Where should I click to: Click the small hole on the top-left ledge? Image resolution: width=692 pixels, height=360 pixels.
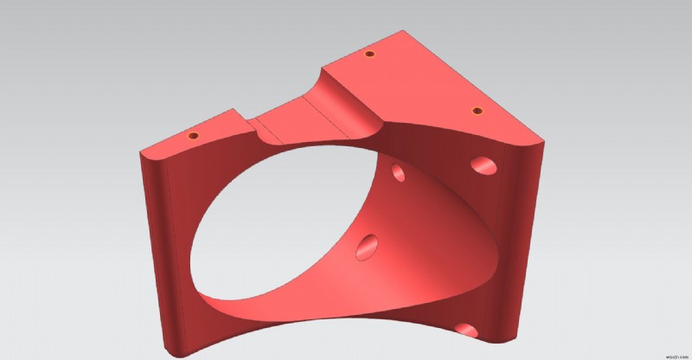pyautogui.click(x=193, y=137)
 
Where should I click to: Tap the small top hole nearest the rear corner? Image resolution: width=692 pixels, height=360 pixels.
pyautogui.click(x=369, y=54)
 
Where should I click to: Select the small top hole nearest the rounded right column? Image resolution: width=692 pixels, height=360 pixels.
pyautogui.click(x=476, y=112)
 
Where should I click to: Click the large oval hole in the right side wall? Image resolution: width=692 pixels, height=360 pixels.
pyautogui.click(x=484, y=165)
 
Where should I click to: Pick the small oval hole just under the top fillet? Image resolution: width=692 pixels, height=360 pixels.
pyautogui.click(x=399, y=173)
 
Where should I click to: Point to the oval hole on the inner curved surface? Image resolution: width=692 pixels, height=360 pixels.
pyautogui.click(x=368, y=247)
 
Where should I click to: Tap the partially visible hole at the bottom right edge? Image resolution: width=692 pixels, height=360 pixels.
pyautogui.click(x=466, y=330)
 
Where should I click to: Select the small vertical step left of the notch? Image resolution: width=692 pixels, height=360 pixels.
pyautogui.click(x=243, y=122)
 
